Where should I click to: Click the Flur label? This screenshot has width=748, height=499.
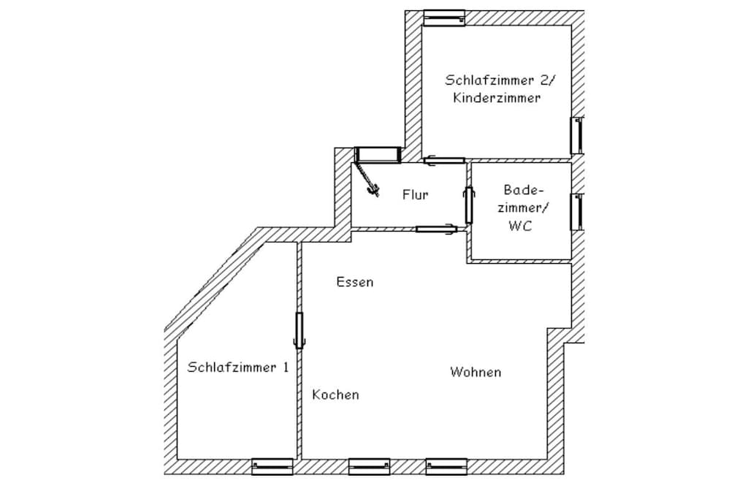(415, 194)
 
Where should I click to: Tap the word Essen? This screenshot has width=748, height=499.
(355, 282)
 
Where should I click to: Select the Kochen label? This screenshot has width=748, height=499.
(335, 395)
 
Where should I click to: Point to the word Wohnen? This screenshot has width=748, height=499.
(476, 372)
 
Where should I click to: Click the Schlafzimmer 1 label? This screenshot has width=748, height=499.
(238, 367)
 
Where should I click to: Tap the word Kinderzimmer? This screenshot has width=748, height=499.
(497, 98)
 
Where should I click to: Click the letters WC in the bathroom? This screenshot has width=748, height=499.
(520, 226)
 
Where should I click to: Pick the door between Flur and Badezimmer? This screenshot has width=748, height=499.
(468, 205)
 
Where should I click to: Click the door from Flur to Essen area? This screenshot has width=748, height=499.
(437, 229)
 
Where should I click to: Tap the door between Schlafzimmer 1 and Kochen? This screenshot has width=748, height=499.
(299, 330)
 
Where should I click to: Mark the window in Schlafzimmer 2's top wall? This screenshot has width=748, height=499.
(444, 18)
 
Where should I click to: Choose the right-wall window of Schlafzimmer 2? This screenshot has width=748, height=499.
(577, 135)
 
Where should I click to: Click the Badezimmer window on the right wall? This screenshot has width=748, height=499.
(577, 212)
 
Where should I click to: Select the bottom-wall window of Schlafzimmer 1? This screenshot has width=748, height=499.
(272, 467)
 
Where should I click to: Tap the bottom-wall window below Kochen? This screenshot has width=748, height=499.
(369, 467)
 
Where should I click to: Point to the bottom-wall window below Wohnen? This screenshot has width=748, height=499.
(446, 467)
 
